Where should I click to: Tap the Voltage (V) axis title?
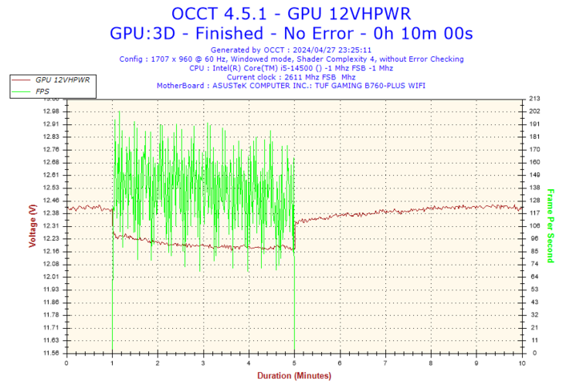[32, 225]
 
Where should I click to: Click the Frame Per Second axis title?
[551, 225]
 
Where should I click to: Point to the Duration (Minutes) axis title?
[293, 375]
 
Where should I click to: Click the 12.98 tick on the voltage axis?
[50, 111]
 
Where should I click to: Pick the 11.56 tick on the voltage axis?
[50, 353]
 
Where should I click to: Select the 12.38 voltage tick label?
[50, 213]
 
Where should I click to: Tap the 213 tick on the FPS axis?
[534, 99]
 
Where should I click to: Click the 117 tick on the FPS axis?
[534, 213]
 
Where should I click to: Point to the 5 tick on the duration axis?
[295, 363]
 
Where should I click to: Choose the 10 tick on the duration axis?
[522, 363]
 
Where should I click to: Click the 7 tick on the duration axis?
[386, 363]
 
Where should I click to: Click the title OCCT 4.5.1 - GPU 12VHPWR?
[291, 14]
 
